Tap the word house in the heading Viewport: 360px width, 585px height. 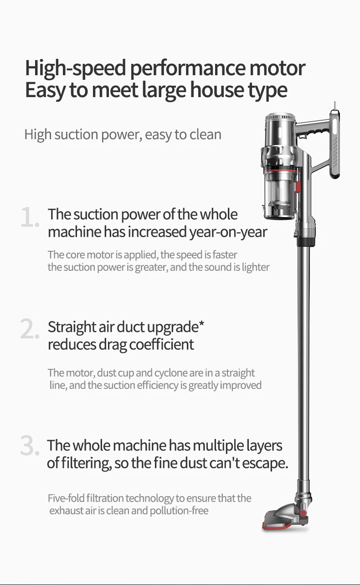point(216,89)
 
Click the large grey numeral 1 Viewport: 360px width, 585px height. point(30,217)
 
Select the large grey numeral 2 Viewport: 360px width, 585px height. point(30,329)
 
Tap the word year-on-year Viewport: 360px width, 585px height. point(228,232)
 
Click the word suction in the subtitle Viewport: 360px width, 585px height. point(76,135)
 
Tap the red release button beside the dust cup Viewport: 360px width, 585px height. point(298,186)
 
